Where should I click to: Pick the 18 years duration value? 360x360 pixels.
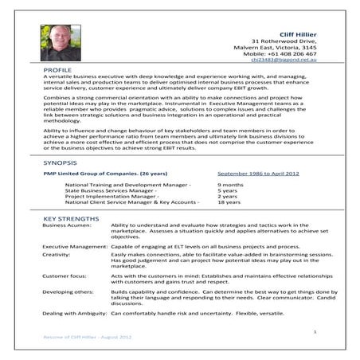(x=229, y=225)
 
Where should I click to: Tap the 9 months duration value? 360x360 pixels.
(x=230, y=206)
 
